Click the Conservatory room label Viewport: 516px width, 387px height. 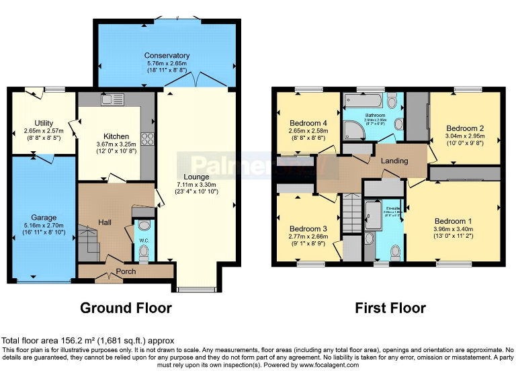pos(167,55)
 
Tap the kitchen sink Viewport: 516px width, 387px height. pos(112,99)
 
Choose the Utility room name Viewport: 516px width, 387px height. pos(44,122)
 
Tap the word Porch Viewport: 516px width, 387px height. pos(126,271)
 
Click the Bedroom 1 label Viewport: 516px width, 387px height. pos(453,221)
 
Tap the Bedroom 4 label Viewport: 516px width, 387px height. pos(308,123)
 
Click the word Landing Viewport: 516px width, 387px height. pos(394,161)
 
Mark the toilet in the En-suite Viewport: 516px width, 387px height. pos(396,251)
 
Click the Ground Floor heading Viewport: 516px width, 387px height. pos(126,308)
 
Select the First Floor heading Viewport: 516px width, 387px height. pos(390,308)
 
